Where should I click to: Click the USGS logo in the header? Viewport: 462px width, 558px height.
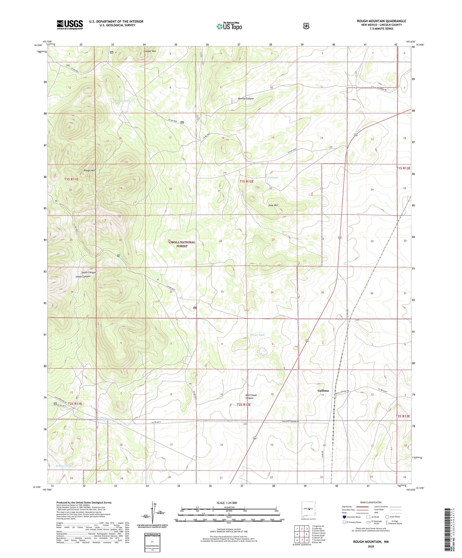tap(70, 25)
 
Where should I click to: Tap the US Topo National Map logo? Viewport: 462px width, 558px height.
tap(229, 26)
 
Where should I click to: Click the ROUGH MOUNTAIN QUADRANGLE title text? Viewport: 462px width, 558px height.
tap(381, 21)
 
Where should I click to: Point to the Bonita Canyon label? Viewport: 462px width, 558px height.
tap(246, 98)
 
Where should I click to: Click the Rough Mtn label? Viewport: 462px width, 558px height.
tap(90, 171)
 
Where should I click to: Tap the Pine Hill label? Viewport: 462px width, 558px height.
tap(273, 205)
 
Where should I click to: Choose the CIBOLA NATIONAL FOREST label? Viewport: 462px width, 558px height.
tap(182, 244)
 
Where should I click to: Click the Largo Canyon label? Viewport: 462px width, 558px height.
tap(83, 276)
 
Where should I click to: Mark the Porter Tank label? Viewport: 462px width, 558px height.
tap(257, 335)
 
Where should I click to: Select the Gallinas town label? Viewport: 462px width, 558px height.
tap(323, 391)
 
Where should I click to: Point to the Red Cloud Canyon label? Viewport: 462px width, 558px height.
tap(251, 397)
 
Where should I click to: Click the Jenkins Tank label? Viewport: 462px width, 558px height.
tap(63, 466)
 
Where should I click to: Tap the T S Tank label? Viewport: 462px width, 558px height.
tap(273, 178)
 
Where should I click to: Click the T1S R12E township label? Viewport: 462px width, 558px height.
tap(246, 182)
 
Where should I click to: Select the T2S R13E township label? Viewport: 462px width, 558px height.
tap(403, 416)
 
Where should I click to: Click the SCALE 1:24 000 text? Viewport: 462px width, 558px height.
tap(227, 503)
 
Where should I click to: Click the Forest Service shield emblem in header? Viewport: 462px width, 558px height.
tap(306, 26)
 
